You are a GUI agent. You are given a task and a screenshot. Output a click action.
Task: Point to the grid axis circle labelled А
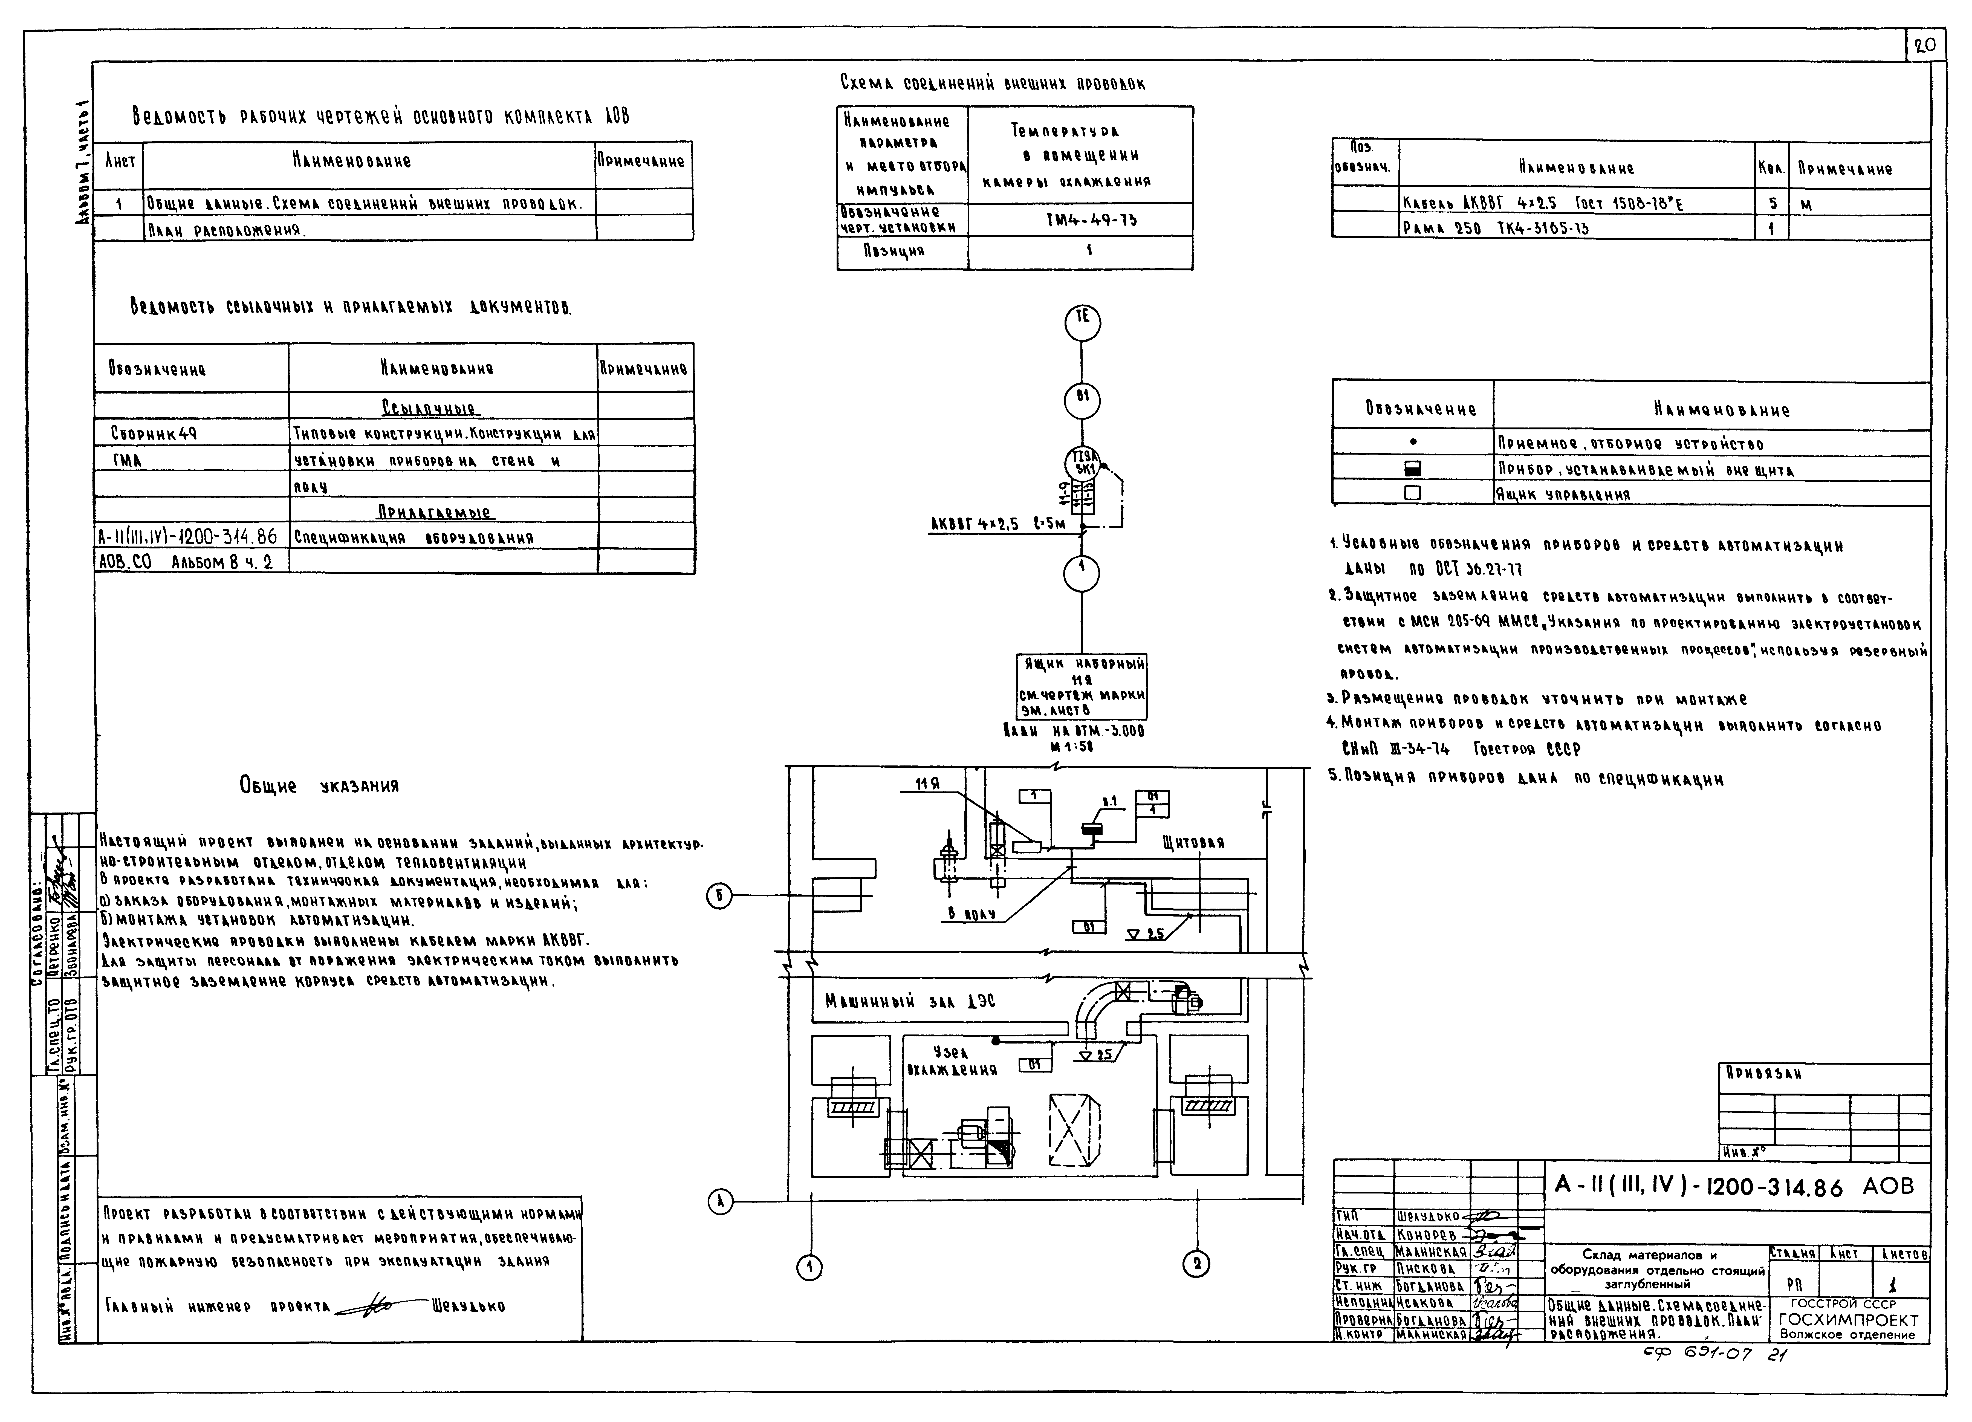(720, 1202)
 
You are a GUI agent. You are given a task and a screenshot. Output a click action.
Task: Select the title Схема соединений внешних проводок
(992, 83)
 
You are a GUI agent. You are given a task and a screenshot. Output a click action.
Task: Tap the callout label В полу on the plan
(971, 913)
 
